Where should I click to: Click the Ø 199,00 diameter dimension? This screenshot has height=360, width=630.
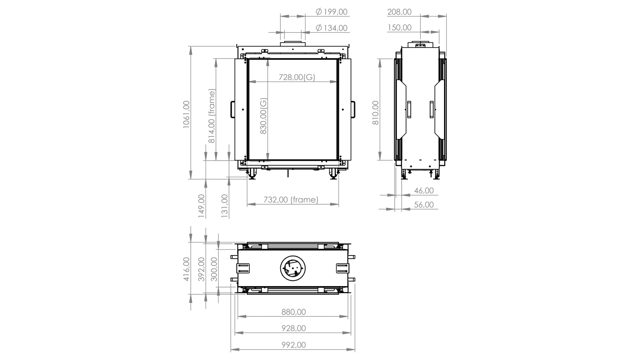pos(331,12)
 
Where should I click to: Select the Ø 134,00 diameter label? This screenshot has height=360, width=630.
pos(331,28)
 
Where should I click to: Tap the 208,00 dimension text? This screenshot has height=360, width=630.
pos(399,12)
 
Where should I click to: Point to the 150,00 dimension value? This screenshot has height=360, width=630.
pos(399,27)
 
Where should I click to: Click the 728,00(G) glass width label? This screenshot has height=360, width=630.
pos(297,77)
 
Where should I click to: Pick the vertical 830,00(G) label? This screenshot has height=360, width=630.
pos(263,116)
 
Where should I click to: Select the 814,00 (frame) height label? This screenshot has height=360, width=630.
pos(211,116)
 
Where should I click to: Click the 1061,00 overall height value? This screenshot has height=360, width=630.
pos(186,114)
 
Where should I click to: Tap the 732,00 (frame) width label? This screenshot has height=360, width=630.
pos(291,200)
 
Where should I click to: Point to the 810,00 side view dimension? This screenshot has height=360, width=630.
pos(375,113)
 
